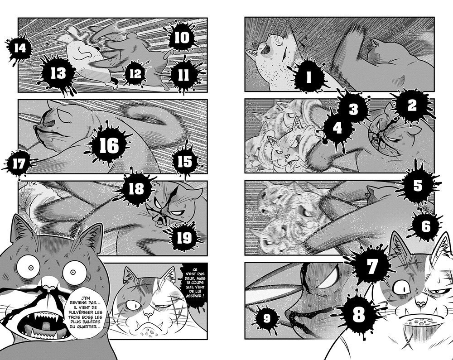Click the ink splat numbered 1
point(308,77)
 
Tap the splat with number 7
point(371,266)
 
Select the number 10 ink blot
point(182,38)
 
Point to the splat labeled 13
point(58,73)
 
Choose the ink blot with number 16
point(109,145)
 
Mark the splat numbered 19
point(184,238)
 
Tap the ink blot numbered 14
point(19,48)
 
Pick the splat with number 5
point(418,185)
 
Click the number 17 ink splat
point(19,164)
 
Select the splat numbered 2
point(412,106)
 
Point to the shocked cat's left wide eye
point(30,268)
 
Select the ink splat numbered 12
point(135,73)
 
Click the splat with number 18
point(136,188)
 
